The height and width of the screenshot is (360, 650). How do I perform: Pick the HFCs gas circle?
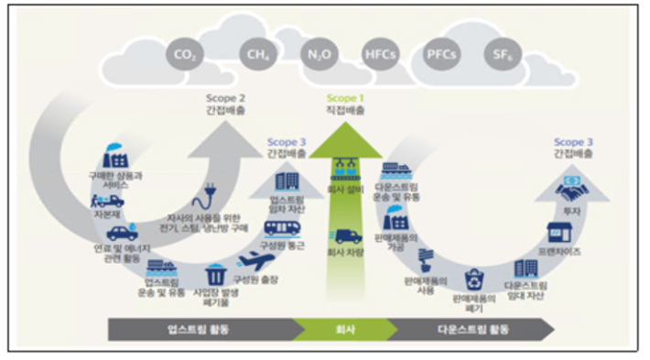coord(379,54)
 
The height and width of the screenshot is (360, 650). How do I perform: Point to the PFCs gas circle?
coord(440,54)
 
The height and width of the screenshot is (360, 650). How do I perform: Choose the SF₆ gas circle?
coord(500,54)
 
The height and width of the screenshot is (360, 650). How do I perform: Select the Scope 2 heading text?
coord(223,96)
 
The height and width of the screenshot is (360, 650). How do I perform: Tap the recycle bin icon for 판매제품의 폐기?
coord(474,278)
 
